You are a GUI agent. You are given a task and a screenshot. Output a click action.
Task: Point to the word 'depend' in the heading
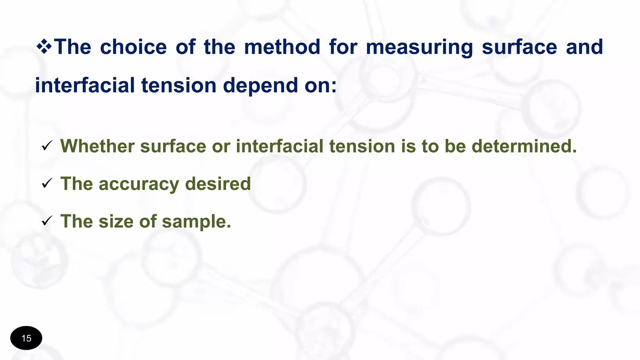click(x=260, y=86)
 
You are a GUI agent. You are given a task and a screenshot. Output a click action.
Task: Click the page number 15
click(x=26, y=338)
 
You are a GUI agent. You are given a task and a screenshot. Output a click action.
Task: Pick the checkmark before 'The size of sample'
click(x=47, y=221)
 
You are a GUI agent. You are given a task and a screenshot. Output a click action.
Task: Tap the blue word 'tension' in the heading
click(x=179, y=86)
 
